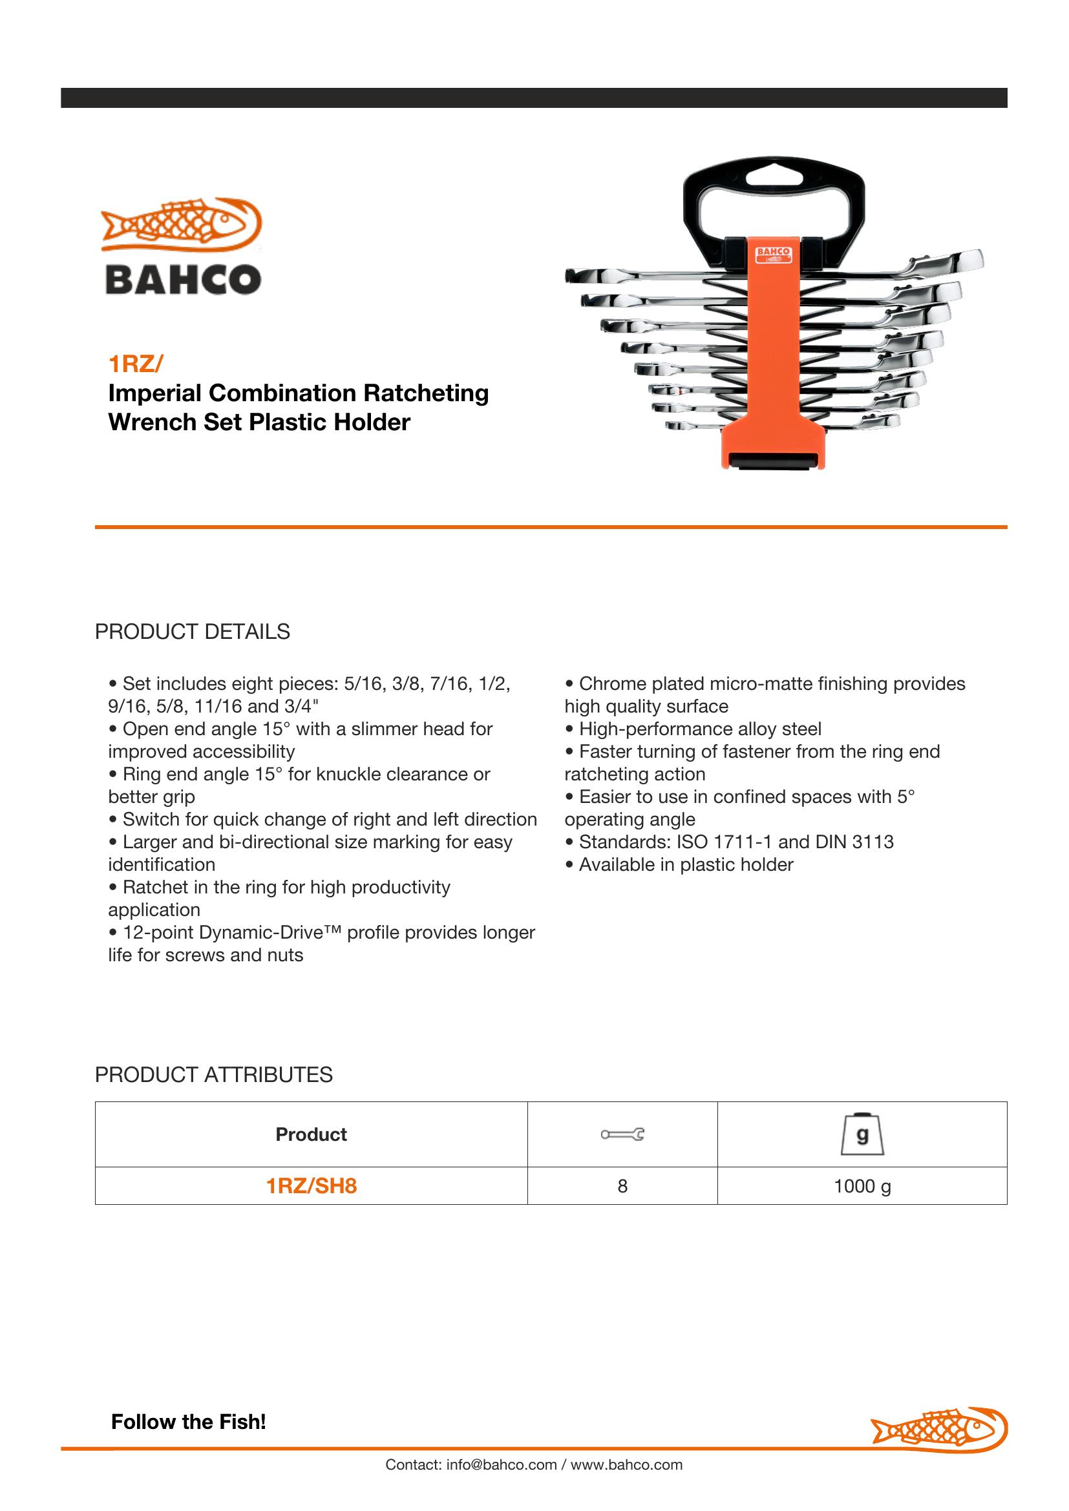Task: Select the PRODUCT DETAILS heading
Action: [x=192, y=632]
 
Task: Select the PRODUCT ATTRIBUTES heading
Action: [x=213, y=1075]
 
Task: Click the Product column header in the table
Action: [x=311, y=1134]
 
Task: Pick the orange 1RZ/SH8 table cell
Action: [x=311, y=1186]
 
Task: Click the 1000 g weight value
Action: [x=862, y=1186]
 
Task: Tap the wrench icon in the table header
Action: [x=622, y=1134]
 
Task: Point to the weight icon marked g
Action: [x=862, y=1134]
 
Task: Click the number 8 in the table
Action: [x=622, y=1186]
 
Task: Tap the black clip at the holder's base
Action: [x=773, y=462]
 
